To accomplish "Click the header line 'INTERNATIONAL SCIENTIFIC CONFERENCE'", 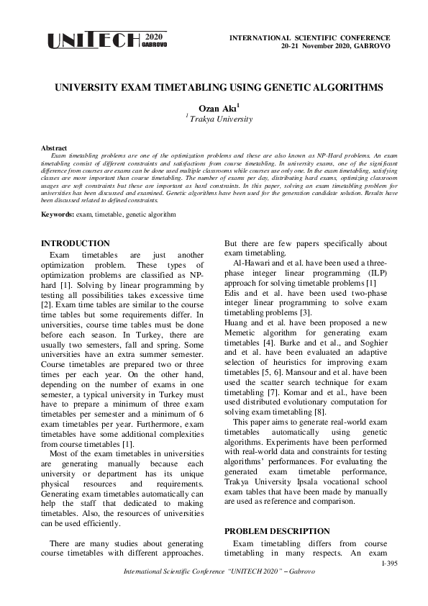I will pos(309,37).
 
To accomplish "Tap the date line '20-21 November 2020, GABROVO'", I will pos(335,45).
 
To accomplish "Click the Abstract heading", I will pos(55,148).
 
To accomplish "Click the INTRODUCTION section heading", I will pos(76,243).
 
